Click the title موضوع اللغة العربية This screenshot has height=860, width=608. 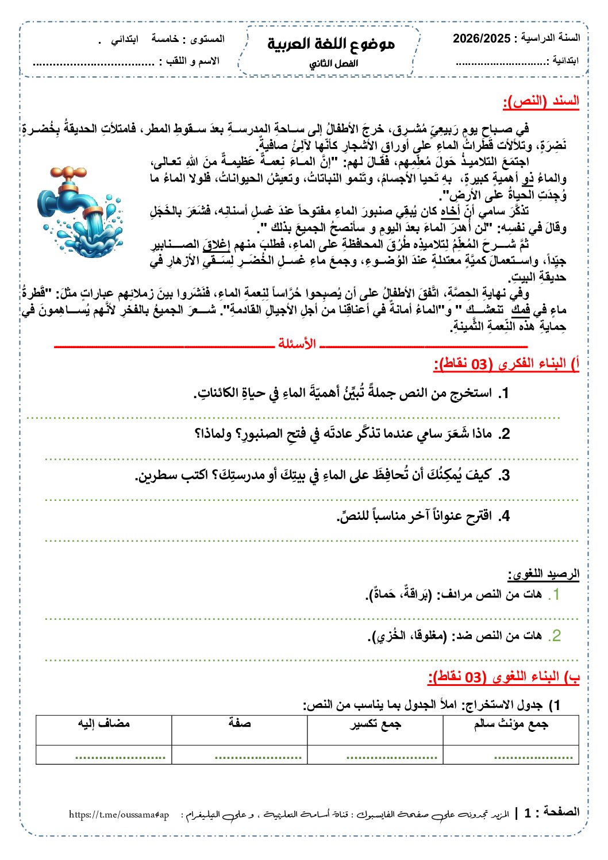[331, 44]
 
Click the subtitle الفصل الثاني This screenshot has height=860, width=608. [333, 64]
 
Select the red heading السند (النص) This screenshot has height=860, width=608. [541, 102]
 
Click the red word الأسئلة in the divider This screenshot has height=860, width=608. [297, 344]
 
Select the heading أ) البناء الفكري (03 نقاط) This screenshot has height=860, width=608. [506, 364]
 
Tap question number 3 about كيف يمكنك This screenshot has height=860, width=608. [503, 475]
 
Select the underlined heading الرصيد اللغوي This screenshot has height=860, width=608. [543, 573]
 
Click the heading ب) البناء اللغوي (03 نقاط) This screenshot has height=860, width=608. [503, 677]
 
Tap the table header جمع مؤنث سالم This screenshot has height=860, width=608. [510, 724]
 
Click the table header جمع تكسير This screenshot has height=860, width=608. [375, 724]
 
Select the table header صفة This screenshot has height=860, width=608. [239, 723]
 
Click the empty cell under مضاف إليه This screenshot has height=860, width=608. [104, 754]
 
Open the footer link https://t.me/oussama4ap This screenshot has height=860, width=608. [119, 815]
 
